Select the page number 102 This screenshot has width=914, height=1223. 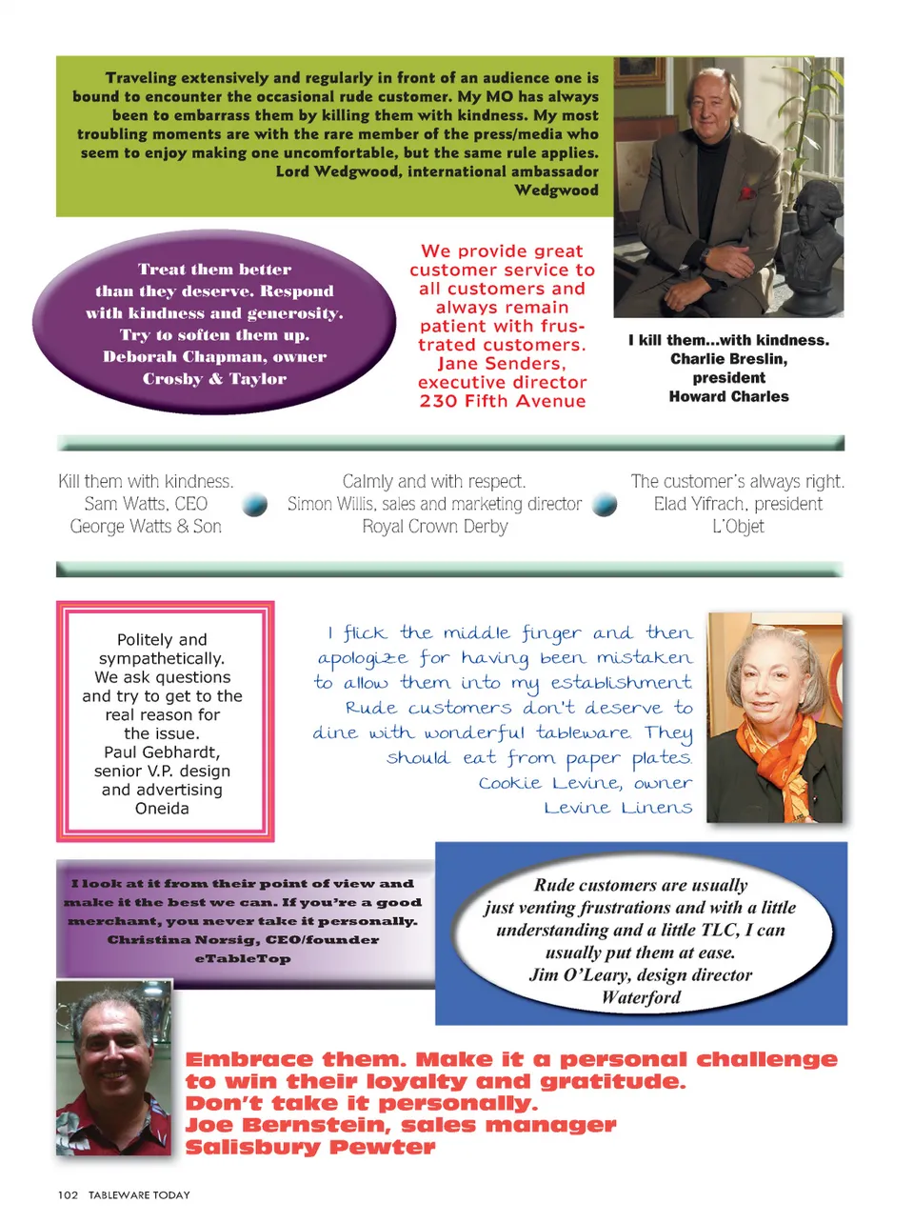pyautogui.click(x=68, y=1194)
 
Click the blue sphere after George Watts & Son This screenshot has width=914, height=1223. pyautogui.click(x=254, y=505)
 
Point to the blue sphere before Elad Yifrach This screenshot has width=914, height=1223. pyautogui.click(x=605, y=505)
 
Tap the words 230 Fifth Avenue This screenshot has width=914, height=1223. pyautogui.click(x=503, y=401)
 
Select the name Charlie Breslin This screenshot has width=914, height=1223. pyautogui.click(x=727, y=359)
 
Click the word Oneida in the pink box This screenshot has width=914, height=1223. pyautogui.click(x=162, y=809)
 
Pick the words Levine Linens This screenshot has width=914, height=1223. pyautogui.click(x=618, y=808)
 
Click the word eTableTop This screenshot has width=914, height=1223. pyautogui.click(x=243, y=958)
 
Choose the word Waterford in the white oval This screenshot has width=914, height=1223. pyautogui.click(x=641, y=997)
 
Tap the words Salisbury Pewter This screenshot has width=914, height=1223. pyautogui.click(x=310, y=1147)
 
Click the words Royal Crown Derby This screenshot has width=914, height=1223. pyautogui.click(x=435, y=527)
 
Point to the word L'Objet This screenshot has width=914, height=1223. pyautogui.click(x=738, y=527)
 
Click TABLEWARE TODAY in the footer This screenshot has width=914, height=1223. pyautogui.click(x=139, y=1194)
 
